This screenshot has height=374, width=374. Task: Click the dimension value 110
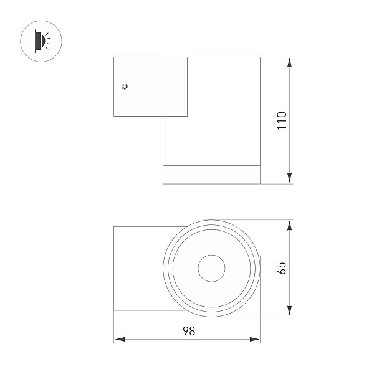[282, 121]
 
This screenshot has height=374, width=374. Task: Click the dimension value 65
[282, 268]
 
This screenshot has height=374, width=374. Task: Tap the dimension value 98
[189, 331]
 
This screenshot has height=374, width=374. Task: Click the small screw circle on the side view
[125, 87]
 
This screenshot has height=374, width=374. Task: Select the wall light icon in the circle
[42, 41]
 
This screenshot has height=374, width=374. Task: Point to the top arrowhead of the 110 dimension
[290, 62]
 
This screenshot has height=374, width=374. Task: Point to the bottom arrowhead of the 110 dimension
[290, 178]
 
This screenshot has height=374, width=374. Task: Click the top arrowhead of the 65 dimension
[290, 226]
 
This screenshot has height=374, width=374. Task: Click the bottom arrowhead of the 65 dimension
[290, 311]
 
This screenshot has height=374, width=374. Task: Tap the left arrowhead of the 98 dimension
[120, 339]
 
